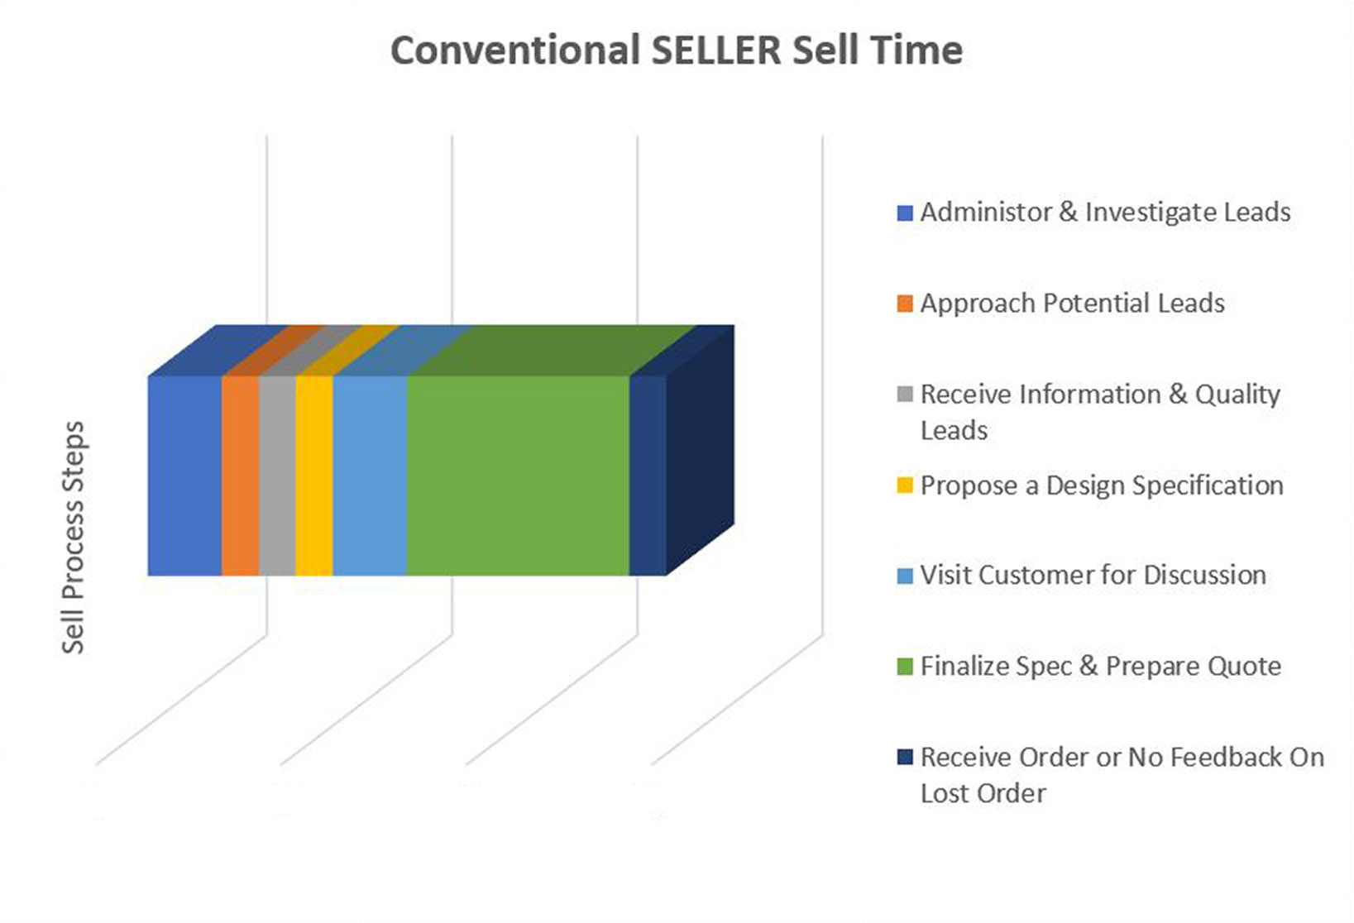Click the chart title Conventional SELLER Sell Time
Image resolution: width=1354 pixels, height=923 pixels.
[x=677, y=50]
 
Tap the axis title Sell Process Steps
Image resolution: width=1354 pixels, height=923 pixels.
[x=74, y=538]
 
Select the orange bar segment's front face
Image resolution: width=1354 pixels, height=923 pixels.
[x=241, y=476]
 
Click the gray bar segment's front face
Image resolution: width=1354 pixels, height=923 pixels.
[x=277, y=476]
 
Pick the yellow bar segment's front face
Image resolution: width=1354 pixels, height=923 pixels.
[x=314, y=476]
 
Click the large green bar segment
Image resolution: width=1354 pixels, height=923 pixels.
[x=518, y=476]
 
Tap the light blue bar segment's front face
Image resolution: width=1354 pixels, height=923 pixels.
[x=370, y=476]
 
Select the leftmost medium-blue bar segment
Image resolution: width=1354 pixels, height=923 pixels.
[x=185, y=476]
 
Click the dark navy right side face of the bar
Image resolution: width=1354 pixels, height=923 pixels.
[x=701, y=450]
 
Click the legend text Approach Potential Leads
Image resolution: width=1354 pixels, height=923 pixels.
[x=1072, y=304]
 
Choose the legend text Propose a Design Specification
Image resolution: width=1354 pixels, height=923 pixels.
[x=1102, y=486]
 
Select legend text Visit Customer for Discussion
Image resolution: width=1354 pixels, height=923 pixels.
[x=1093, y=576]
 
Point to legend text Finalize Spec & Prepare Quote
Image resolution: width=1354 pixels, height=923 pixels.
[x=1101, y=667]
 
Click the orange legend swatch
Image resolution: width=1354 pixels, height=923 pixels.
[x=905, y=304]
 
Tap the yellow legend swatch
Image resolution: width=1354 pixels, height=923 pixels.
[x=905, y=486]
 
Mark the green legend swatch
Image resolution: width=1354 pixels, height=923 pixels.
[x=905, y=667]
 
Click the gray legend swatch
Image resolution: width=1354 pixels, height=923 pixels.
[x=905, y=395]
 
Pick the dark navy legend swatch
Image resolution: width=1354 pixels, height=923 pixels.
[x=905, y=758]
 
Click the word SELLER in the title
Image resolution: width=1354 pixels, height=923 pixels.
[x=716, y=50]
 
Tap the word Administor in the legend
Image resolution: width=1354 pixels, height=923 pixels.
[x=987, y=213]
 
